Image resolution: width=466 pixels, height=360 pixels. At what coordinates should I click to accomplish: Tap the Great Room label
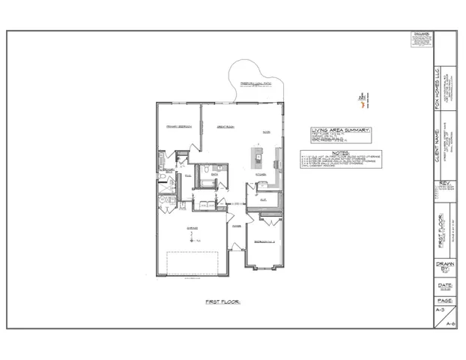point(227,127)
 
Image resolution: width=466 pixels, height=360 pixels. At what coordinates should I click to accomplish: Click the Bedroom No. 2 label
point(264,241)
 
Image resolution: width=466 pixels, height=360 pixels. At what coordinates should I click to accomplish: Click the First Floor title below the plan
point(222,301)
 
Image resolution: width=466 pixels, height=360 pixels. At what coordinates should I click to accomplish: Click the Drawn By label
point(444,268)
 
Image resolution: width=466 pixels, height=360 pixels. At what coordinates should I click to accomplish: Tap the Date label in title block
point(444,285)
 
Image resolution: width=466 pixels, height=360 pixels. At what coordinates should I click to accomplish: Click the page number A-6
point(450,323)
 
